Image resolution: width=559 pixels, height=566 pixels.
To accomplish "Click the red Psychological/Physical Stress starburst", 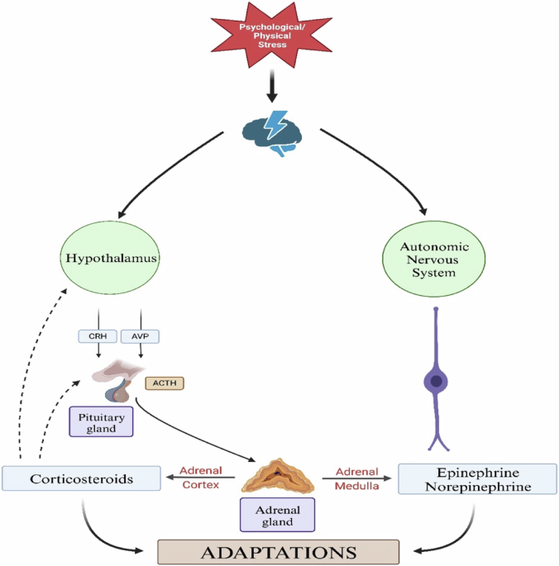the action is pyautogui.click(x=272, y=36).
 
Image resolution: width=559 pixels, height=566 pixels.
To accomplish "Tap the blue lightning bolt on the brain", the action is pyautogui.click(x=275, y=125).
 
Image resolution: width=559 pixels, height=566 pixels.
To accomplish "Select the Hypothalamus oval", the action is pyautogui.click(x=110, y=258).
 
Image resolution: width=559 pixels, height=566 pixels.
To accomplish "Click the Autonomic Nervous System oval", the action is pyautogui.click(x=433, y=259).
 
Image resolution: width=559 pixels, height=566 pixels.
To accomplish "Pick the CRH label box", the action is pyautogui.click(x=98, y=336).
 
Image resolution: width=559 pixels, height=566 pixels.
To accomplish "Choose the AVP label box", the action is pyautogui.click(x=141, y=336).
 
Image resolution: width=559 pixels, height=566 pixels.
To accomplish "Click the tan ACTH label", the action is pyautogui.click(x=165, y=383).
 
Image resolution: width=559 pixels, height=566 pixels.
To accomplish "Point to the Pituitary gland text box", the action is pyautogui.click(x=101, y=422).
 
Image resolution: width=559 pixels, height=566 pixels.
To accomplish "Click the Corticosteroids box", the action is pyautogui.click(x=81, y=478).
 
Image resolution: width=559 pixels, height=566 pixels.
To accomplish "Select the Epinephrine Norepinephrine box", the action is pyautogui.click(x=477, y=479).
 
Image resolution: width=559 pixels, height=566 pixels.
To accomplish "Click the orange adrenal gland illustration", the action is pyautogui.click(x=278, y=476).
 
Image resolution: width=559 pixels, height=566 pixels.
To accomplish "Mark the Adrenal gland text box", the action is pyautogui.click(x=277, y=515).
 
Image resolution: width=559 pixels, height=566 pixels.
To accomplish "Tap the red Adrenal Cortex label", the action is pyautogui.click(x=201, y=478).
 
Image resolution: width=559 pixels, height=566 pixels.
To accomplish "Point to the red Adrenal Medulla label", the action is pyautogui.click(x=356, y=478).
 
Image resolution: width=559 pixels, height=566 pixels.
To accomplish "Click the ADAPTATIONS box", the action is pyautogui.click(x=279, y=552).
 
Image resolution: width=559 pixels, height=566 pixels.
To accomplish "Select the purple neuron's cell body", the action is pyautogui.click(x=436, y=381).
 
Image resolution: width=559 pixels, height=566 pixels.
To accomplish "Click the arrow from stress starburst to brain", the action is pyautogui.click(x=272, y=86).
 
